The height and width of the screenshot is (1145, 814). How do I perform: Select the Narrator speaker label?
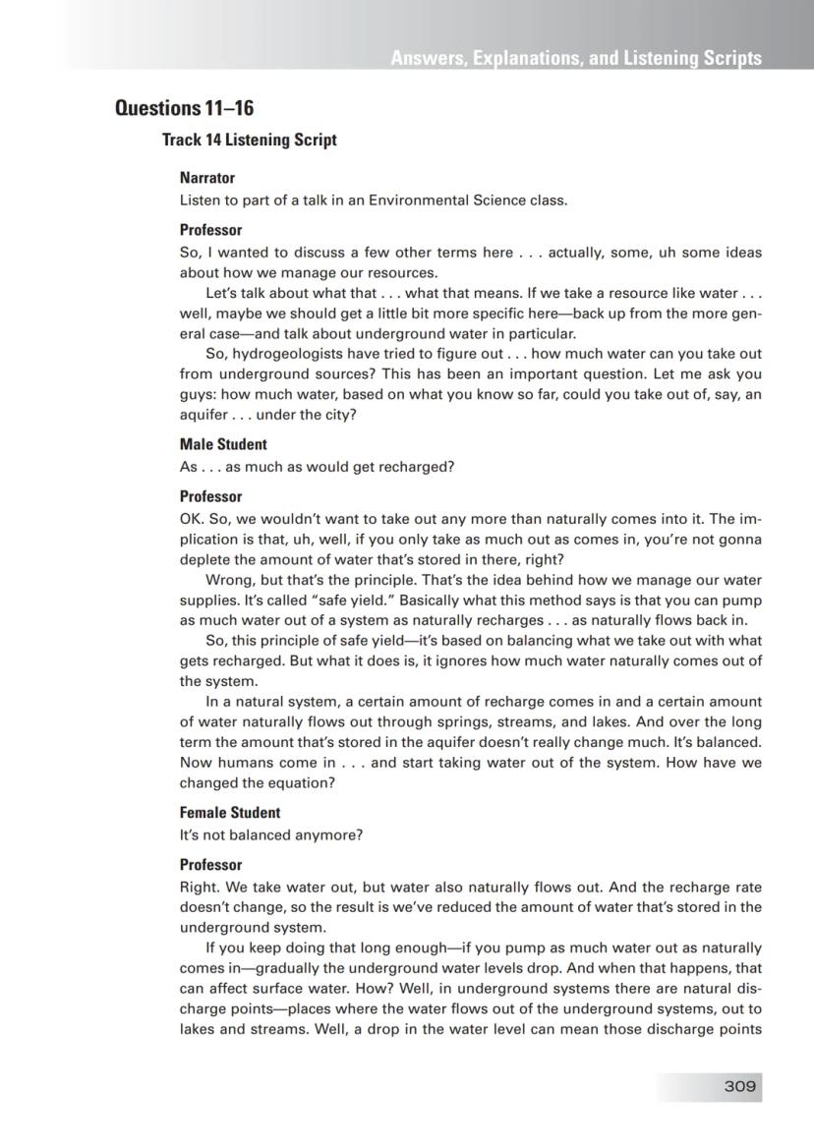[x=207, y=178]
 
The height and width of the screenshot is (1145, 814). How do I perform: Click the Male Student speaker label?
[x=223, y=444]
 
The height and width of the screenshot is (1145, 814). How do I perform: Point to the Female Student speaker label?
[x=229, y=813]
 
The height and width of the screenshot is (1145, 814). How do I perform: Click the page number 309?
[x=739, y=1086]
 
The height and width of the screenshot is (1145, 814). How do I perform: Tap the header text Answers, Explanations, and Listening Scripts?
[x=575, y=58]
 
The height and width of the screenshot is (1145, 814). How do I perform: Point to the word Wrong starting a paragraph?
[x=228, y=579]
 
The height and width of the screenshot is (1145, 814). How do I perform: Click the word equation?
[x=303, y=783]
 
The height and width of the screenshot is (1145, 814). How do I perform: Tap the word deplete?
[x=203, y=559]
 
